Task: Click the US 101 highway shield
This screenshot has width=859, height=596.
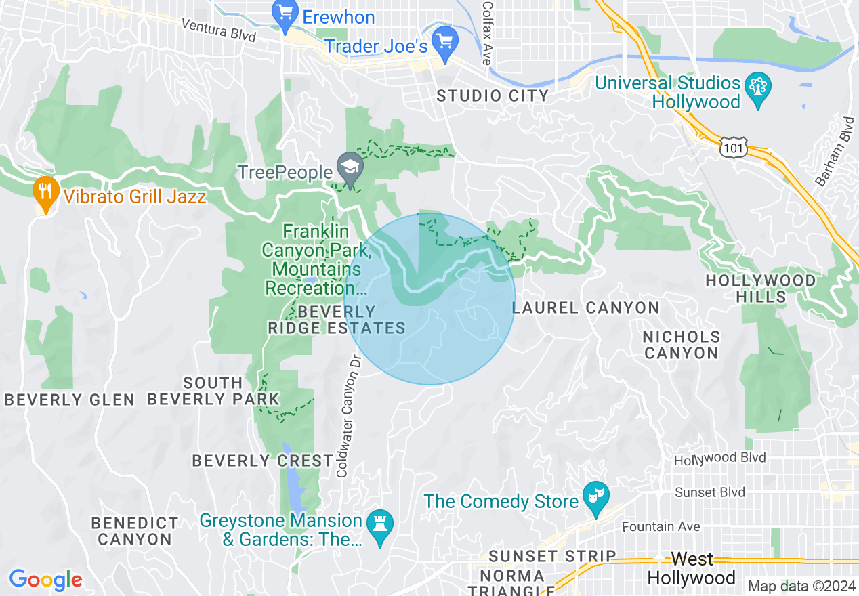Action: tap(734, 148)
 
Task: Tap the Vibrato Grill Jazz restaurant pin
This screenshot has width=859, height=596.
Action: tap(45, 193)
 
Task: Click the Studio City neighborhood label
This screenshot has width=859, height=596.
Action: tap(493, 95)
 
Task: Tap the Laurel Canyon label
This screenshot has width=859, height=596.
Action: tap(585, 308)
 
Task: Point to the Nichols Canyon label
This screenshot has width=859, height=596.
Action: tap(681, 345)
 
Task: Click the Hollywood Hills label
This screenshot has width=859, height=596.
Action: tap(760, 289)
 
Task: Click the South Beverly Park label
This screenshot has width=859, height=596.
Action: tap(213, 391)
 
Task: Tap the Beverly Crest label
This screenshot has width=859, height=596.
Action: tap(262, 461)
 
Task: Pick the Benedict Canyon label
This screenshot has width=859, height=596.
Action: tap(135, 531)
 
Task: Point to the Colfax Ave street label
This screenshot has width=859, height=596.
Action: tap(486, 33)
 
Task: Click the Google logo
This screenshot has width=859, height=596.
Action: tap(45, 580)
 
